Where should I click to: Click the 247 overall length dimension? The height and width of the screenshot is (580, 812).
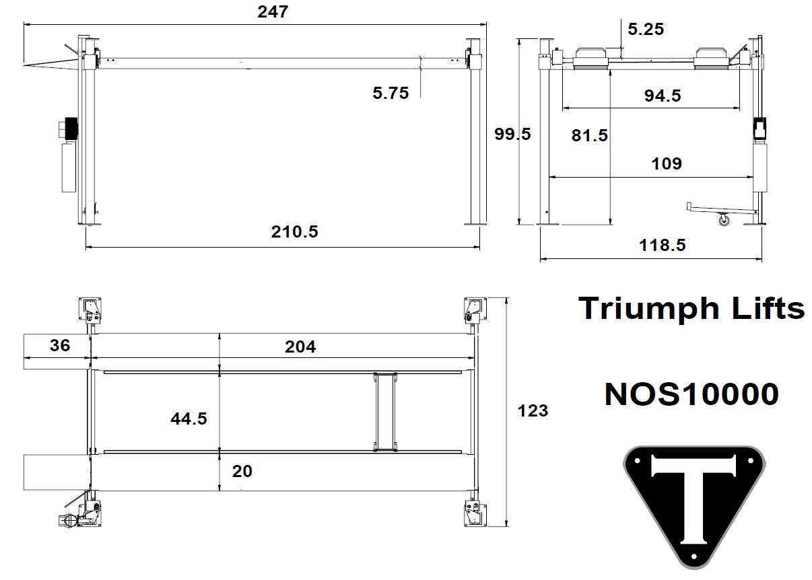tap(273, 11)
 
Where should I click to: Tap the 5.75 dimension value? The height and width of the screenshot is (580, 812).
tap(391, 94)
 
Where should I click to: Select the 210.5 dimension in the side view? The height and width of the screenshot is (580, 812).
tap(294, 232)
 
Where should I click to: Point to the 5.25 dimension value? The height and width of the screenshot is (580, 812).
tap(645, 29)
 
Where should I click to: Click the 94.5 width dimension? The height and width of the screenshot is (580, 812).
tap(662, 96)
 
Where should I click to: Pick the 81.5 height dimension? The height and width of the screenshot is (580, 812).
tap(589, 135)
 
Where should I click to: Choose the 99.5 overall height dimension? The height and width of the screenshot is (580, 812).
tap(512, 134)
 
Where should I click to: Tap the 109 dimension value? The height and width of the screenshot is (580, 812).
tap(667, 164)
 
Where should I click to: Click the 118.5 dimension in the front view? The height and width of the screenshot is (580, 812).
tap(662, 245)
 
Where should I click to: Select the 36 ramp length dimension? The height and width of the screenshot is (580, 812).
tap(60, 346)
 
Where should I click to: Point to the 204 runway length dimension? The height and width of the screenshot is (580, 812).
tap(300, 347)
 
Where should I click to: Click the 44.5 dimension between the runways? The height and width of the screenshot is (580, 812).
tap(189, 419)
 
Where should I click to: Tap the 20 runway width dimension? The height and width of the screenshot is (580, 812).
tap(242, 471)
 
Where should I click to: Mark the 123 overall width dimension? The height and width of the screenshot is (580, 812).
tap(533, 410)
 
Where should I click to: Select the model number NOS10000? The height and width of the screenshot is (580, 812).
tap(691, 394)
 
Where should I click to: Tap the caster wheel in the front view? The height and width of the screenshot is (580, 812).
tap(724, 219)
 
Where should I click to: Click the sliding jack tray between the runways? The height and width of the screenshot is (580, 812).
tap(385, 410)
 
